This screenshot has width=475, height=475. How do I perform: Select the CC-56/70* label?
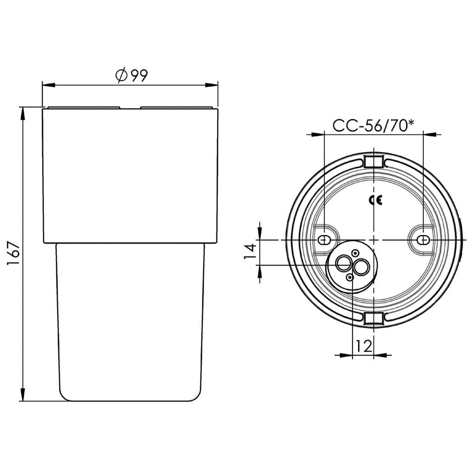click(373, 125)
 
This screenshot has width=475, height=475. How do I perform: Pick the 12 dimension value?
click(363, 346)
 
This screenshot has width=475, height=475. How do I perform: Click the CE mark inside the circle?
click(375, 200)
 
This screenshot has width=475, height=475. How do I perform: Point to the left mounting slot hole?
click(324, 240)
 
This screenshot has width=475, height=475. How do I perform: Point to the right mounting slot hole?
click(423, 240)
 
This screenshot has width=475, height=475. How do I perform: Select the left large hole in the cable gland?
click(343, 262)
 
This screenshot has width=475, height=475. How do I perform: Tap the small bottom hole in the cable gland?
click(349, 277)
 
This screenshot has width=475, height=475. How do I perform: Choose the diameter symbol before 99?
click(121, 76)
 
